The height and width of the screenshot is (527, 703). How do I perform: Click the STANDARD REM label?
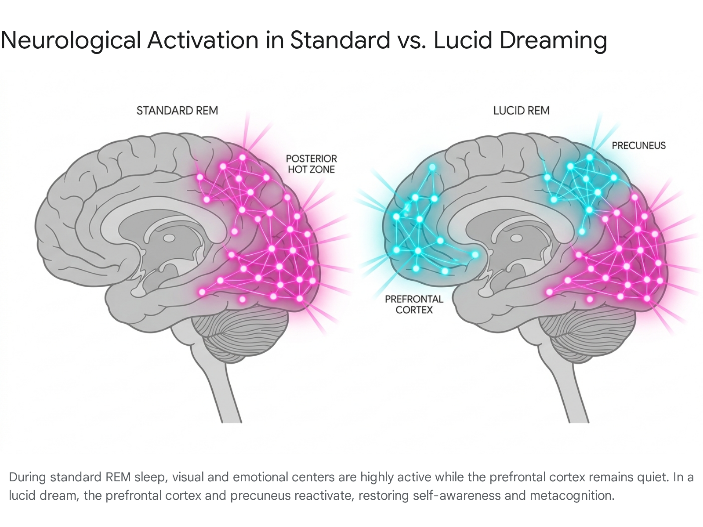[x=177, y=111]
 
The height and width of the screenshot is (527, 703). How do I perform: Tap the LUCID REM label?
[x=522, y=111]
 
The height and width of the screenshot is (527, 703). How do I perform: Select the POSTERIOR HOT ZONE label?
[x=312, y=164]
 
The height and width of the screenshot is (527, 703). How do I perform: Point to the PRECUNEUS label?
[x=638, y=146]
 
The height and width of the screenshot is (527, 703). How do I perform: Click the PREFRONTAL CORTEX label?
[x=414, y=304]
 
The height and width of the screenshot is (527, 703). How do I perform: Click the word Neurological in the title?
[x=71, y=41]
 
